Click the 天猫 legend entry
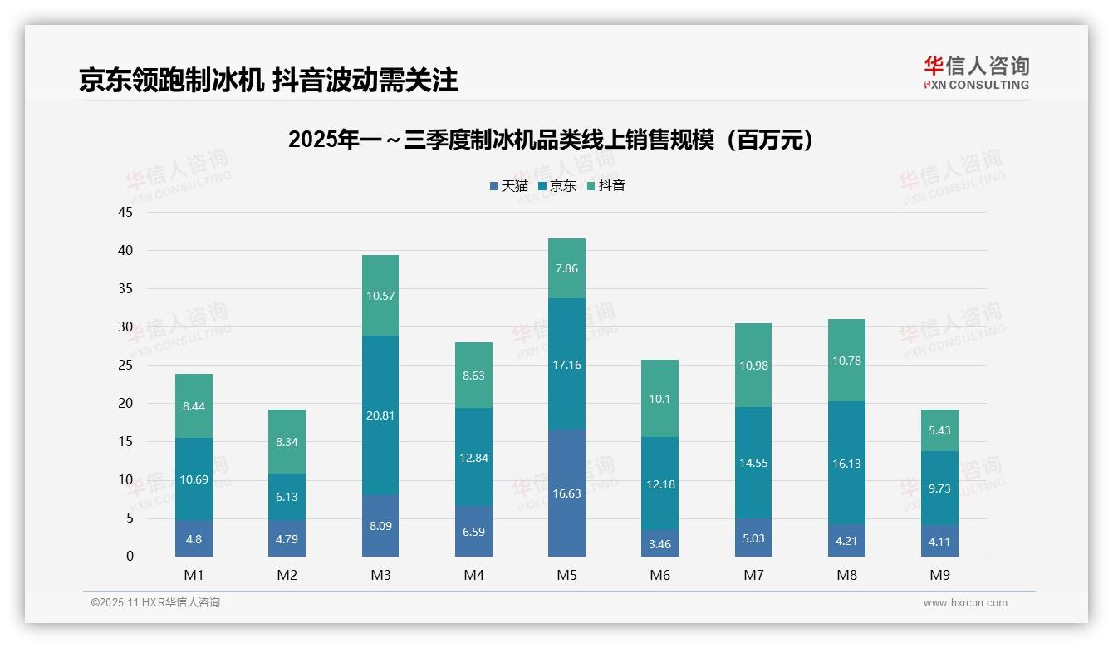(509, 186)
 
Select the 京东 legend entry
(557, 186)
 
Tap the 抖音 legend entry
(606, 186)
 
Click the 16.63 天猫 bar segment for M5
(566, 493)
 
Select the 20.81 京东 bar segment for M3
(380, 415)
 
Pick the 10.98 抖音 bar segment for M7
(753, 366)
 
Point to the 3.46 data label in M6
(660, 543)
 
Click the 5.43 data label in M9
(939, 430)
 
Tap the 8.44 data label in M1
(194, 406)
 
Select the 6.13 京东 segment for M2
(287, 497)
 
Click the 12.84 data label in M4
(473, 458)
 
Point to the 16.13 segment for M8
(846, 464)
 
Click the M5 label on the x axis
(566, 575)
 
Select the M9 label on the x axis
(939, 575)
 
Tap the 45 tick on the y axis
(125, 212)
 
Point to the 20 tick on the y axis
(125, 404)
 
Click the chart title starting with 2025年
(552, 140)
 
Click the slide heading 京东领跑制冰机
(268, 81)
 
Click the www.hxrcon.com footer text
(965, 603)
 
